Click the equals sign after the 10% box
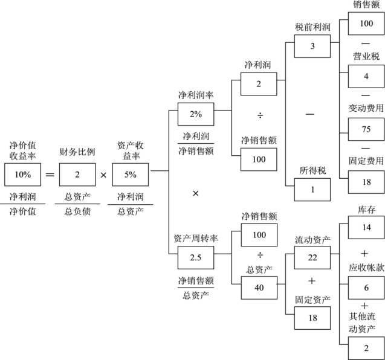pos(50,175)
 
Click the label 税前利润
pos(312,27)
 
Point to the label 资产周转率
pos(196,239)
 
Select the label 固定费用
pos(366,161)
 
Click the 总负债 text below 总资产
pos(77,211)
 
